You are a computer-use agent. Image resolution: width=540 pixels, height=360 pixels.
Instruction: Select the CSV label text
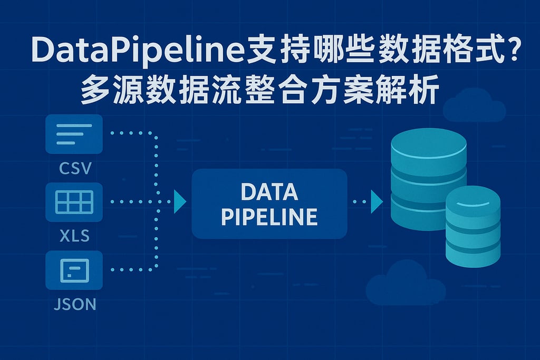[x=75, y=169]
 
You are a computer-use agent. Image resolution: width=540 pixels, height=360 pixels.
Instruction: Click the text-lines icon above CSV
[x=74, y=134]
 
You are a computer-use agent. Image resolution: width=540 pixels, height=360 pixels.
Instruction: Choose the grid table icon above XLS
[x=74, y=202]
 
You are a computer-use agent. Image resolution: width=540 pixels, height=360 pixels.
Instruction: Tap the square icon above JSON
[x=74, y=270]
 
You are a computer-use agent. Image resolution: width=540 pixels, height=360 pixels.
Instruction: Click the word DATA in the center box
[x=269, y=192]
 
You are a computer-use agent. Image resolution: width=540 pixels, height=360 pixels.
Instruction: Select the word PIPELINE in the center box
[x=269, y=217]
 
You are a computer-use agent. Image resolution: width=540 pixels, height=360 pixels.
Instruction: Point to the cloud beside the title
[x=474, y=105]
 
